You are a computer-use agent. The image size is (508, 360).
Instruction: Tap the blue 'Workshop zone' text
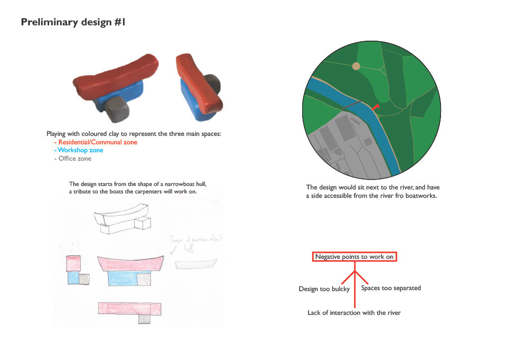[x=80, y=150]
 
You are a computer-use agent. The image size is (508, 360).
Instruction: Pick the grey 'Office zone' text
[x=75, y=159]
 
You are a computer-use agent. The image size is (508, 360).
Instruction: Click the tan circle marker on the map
[x=356, y=66]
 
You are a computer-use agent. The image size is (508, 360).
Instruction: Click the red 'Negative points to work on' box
[x=354, y=256]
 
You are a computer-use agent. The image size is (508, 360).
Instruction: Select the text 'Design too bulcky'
[x=324, y=289]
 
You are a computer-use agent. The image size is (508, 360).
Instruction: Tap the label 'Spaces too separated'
[x=390, y=288]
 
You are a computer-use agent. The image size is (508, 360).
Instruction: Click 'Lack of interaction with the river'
[x=354, y=313]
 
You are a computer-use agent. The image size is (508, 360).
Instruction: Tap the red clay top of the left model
[x=117, y=74]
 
